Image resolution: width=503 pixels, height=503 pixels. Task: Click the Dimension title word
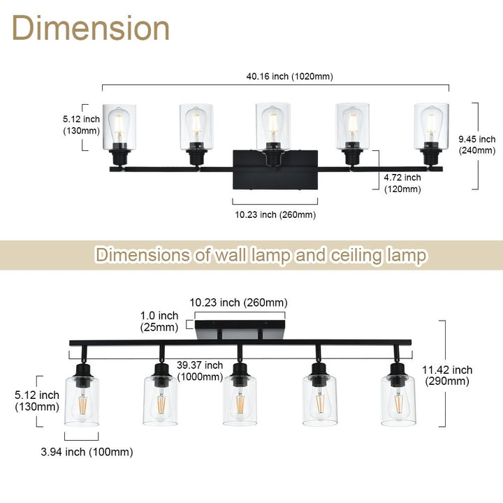click(91, 29)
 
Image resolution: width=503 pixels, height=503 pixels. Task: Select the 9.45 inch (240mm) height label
click(477, 145)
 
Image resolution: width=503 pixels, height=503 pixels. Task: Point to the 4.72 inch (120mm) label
click(403, 183)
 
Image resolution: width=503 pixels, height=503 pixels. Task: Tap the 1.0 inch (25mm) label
click(158, 321)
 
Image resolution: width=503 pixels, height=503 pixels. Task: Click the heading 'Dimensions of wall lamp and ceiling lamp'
click(261, 255)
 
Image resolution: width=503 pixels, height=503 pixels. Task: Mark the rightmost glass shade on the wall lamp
click(431, 126)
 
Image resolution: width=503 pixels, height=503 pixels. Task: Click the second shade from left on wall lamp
click(196, 126)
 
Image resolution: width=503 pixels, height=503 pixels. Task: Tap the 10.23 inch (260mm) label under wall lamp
click(274, 214)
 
